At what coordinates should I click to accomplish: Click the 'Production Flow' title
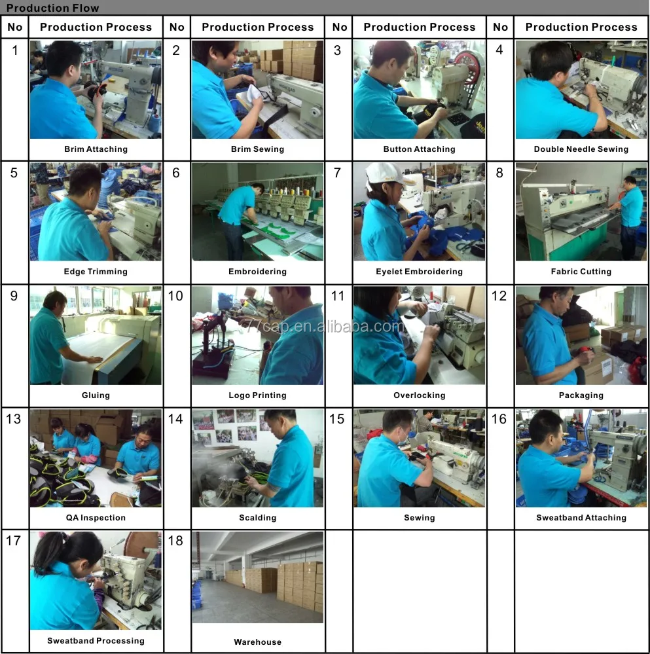(53, 8)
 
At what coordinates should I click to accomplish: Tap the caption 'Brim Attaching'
(96, 149)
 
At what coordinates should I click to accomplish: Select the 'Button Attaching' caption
(419, 149)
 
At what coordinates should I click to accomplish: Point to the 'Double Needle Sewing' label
(581, 149)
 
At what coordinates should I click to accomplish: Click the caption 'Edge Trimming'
(96, 272)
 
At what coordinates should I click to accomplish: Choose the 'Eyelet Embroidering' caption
(419, 272)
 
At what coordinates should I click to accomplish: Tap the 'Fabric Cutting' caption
(581, 272)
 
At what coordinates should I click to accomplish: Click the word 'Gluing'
(96, 395)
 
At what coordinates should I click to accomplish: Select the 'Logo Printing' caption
(257, 395)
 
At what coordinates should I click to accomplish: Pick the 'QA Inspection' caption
(96, 518)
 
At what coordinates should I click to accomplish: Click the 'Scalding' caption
(257, 518)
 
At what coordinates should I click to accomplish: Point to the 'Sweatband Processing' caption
(96, 641)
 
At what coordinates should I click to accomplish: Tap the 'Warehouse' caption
(257, 642)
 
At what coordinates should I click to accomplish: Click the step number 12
(499, 296)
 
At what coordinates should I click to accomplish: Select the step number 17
(14, 541)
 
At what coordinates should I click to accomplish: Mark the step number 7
(337, 173)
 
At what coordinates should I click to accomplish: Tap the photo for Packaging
(581, 335)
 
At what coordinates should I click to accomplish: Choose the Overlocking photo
(419, 335)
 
